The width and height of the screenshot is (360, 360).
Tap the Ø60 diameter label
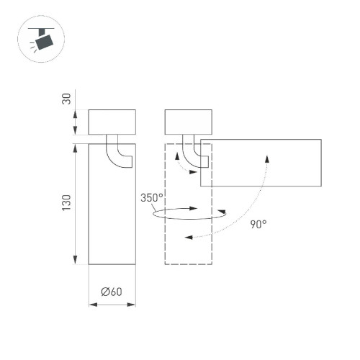tap(112, 292)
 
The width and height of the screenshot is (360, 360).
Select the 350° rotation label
tap(152, 197)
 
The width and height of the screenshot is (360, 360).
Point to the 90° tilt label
tap(258, 223)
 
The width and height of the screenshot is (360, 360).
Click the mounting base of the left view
tap(112, 122)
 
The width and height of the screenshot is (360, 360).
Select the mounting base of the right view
tap(188, 122)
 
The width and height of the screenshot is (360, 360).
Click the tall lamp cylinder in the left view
tap(112, 216)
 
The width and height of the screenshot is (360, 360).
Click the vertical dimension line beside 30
tap(77, 122)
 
